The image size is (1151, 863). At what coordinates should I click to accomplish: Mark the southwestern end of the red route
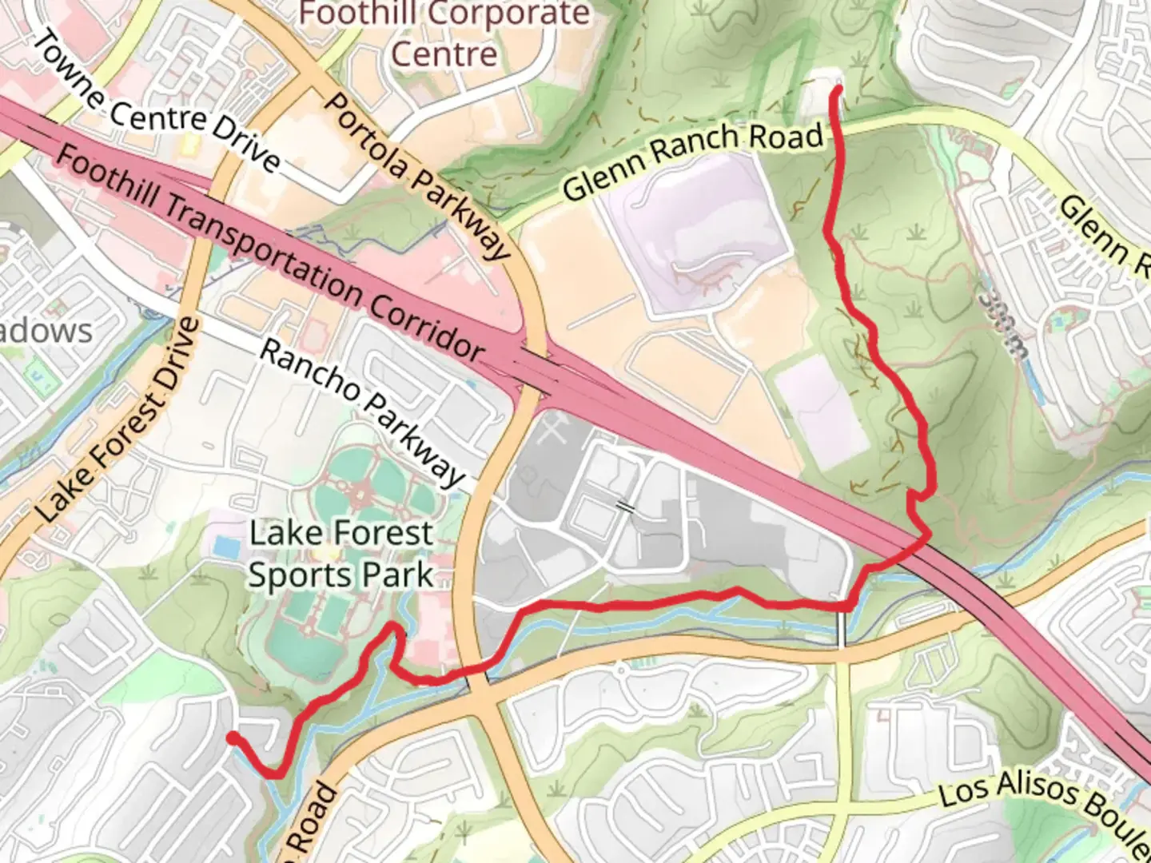(232, 737)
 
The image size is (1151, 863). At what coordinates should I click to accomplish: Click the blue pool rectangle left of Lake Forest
(225, 548)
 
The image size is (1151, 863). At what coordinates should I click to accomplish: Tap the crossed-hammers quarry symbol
(551, 432)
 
